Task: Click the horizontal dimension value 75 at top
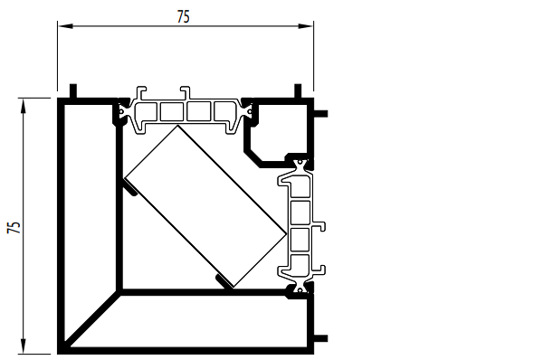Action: tap(183, 16)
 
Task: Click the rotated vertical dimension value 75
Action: tap(14, 227)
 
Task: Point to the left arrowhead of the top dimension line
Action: tap(65, 26)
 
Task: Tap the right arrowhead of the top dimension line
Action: tap(306, 26)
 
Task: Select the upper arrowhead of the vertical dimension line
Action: tap(24, 106)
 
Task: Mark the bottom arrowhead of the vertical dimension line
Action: tap(24, 346)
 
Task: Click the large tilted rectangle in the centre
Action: tap(205, 206)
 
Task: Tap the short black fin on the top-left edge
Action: tap(73, 91)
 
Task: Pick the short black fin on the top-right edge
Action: tap(298, 91)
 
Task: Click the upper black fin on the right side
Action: tap(320, 114)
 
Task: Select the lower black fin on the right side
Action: tap(320, 338)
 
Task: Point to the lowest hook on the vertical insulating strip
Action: tap(319, 270)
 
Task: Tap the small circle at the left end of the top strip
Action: tap(121, 111)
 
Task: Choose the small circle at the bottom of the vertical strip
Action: tap(300, 289)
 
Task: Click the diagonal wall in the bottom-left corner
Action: tap(93, 318)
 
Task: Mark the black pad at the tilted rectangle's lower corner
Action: tap(224, 281)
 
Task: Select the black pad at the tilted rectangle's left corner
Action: tap(130, 188)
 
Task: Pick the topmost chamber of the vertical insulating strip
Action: tap(300, 187)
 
